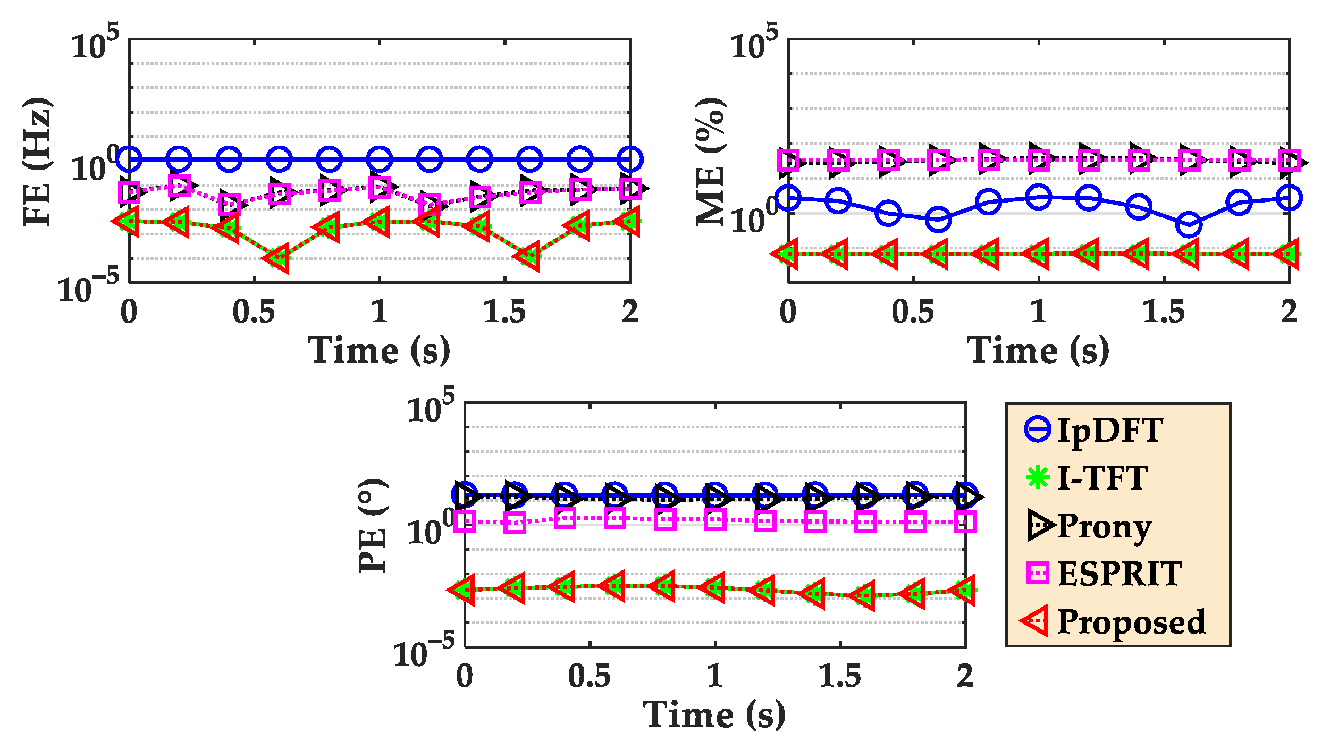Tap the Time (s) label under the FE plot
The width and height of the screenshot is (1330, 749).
pos(379,351)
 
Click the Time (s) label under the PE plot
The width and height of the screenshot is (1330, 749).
pos(714,715)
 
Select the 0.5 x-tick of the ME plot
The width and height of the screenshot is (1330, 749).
pos(913,312)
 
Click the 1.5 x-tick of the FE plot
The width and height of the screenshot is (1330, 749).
pos(504,312)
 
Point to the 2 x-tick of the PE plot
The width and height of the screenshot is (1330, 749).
pos(965,677)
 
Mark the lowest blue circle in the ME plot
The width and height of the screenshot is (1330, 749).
pos(1189,225)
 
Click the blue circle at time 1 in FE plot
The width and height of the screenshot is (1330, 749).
pos(380,159)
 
